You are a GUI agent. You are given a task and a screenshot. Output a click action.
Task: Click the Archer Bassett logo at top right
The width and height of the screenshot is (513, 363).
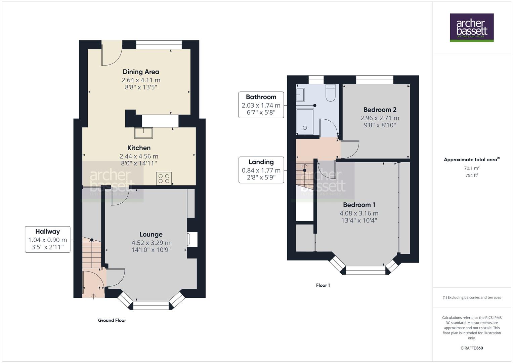[472, 28]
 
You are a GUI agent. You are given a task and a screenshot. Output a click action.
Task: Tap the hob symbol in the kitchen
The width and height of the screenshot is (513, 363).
[164, 178]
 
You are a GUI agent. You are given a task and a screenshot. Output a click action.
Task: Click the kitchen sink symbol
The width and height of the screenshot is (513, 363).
[143, 133]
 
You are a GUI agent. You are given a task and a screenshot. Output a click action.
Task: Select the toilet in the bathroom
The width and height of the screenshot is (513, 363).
[331, 93]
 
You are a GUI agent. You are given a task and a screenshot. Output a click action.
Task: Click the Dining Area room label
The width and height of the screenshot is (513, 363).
[141, 72]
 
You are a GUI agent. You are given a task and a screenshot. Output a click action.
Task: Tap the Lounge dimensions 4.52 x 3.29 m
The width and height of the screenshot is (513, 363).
[151, 243]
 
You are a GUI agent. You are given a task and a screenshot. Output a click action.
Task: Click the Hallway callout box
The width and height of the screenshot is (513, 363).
[47, 239]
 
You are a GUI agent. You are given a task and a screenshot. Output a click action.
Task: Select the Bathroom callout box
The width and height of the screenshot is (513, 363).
[261, 105]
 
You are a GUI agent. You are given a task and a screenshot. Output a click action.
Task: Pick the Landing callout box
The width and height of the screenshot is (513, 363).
[261, 169]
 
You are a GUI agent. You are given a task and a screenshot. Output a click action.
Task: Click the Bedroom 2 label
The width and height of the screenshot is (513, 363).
[380, 110]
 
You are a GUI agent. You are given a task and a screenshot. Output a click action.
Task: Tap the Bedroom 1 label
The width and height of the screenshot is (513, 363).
[359, 205]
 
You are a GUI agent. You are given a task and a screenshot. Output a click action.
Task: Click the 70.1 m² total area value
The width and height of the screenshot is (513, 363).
[472, 168]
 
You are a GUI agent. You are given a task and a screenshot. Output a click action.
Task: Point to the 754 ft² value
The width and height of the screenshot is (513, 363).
[472, 175]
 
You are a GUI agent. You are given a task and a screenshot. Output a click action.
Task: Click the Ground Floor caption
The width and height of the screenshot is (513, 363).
[112, 320]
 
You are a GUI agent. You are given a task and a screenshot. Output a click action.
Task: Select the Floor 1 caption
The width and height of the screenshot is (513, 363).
[323, 285]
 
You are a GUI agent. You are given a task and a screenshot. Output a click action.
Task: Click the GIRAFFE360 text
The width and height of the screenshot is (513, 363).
[472, 348]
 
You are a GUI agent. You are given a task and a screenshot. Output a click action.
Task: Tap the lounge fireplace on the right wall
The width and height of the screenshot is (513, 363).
[193, 240]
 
